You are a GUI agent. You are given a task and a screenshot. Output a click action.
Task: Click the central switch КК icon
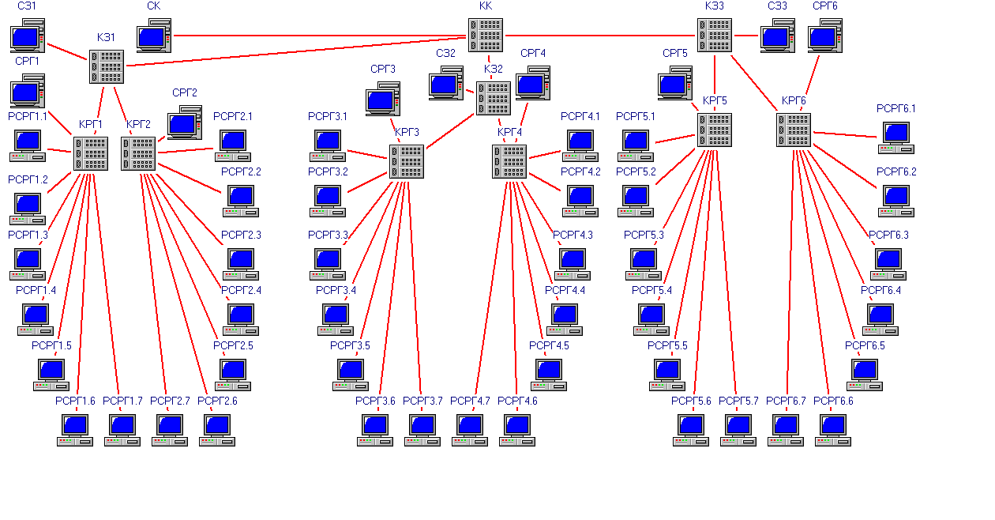pos(486,36)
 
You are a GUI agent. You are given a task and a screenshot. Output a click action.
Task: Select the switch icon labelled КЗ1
pos(107,67)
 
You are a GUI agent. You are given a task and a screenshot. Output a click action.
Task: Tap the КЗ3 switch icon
pos(715,36)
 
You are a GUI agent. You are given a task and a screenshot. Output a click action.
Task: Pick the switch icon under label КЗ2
pos(494,98)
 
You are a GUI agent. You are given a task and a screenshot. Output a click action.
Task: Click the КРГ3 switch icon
pos(407,161)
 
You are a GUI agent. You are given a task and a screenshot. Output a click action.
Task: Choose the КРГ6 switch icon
pos(794,130)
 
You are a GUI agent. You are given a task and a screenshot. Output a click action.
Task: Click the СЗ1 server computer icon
pos(28,37)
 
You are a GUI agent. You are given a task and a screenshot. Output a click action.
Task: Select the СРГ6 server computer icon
pos(825,36)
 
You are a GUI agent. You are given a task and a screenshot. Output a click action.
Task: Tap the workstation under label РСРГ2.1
pos(233,144)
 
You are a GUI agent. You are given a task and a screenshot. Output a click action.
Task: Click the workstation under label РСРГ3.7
pos(422,429)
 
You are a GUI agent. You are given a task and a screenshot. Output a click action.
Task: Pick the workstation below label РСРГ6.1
pos(896,137)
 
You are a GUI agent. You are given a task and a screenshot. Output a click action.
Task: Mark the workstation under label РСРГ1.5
pos(51,374)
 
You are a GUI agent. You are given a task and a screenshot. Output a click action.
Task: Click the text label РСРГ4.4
pos(565,290)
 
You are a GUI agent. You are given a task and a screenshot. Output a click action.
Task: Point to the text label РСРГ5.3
pos(644,235)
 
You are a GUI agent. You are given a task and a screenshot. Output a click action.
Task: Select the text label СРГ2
pos(185,92)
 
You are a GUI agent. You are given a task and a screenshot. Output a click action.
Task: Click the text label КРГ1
pos(91,124)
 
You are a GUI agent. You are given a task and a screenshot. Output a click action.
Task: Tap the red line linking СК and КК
pos(316,36)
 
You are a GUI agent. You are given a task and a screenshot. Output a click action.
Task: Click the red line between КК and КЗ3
pos(600,36)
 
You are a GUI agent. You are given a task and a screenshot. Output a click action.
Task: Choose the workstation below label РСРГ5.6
pos(691,429)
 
